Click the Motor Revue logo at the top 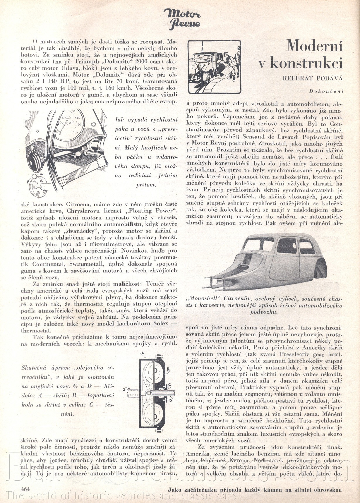pyautogui.click(x=182, y=19)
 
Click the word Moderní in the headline pyautogui.click(x=314, y=46)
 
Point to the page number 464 pyautogui.click(x=26, y=489)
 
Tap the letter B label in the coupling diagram pyautogui.click(x=169, y=370)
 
